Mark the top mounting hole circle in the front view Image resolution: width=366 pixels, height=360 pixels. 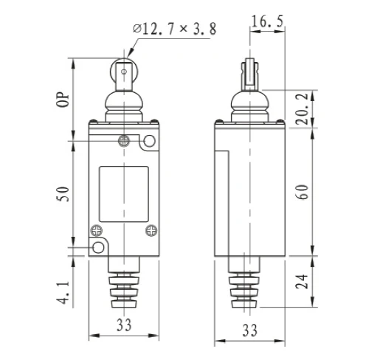click(x=149, y=141)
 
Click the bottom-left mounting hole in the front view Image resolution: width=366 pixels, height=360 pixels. click(x=97, y=248)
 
